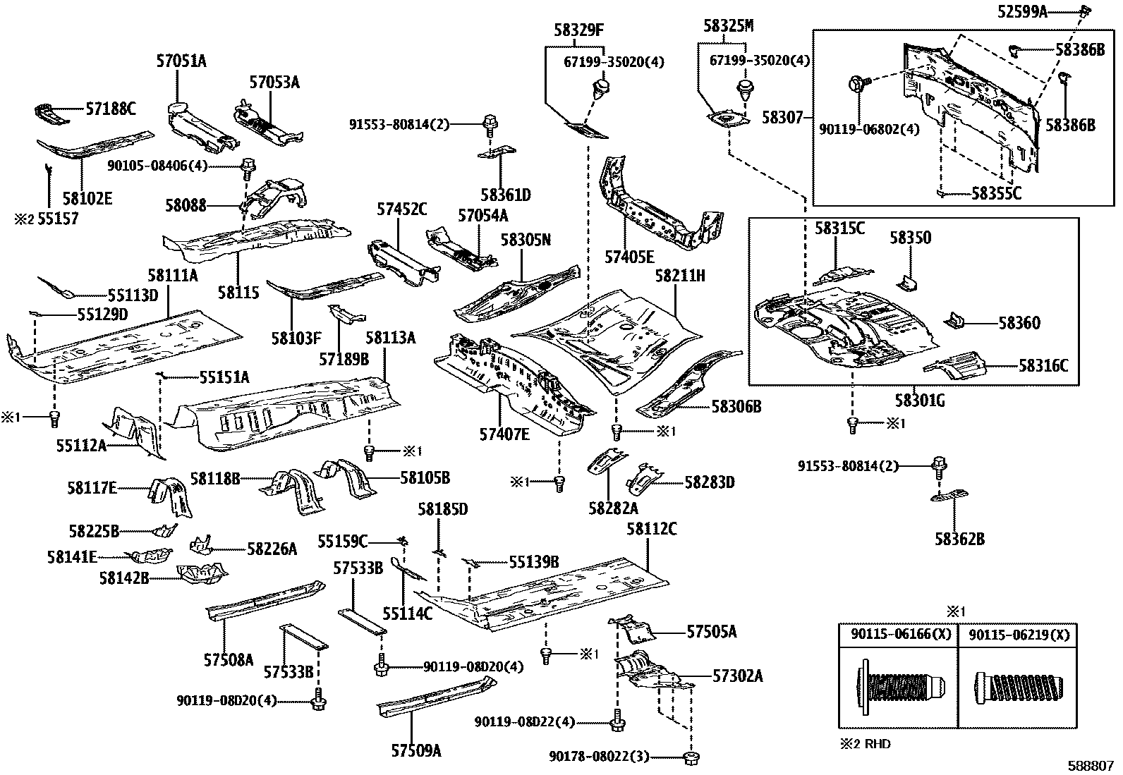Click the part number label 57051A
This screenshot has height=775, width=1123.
(x=181, y=61)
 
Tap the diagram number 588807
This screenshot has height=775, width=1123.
(x=1092, y=764)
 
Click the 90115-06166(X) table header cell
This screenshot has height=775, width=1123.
(x=897, y=635)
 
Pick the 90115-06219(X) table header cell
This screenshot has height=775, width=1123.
(x=1018, y=635)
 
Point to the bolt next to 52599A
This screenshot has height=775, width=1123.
(x=1086, y=11)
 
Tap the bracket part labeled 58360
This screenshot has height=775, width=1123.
(x=957, y=321)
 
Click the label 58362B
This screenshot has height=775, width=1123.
(x=959, y=539)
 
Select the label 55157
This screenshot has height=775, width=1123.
(x=58, y=219)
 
